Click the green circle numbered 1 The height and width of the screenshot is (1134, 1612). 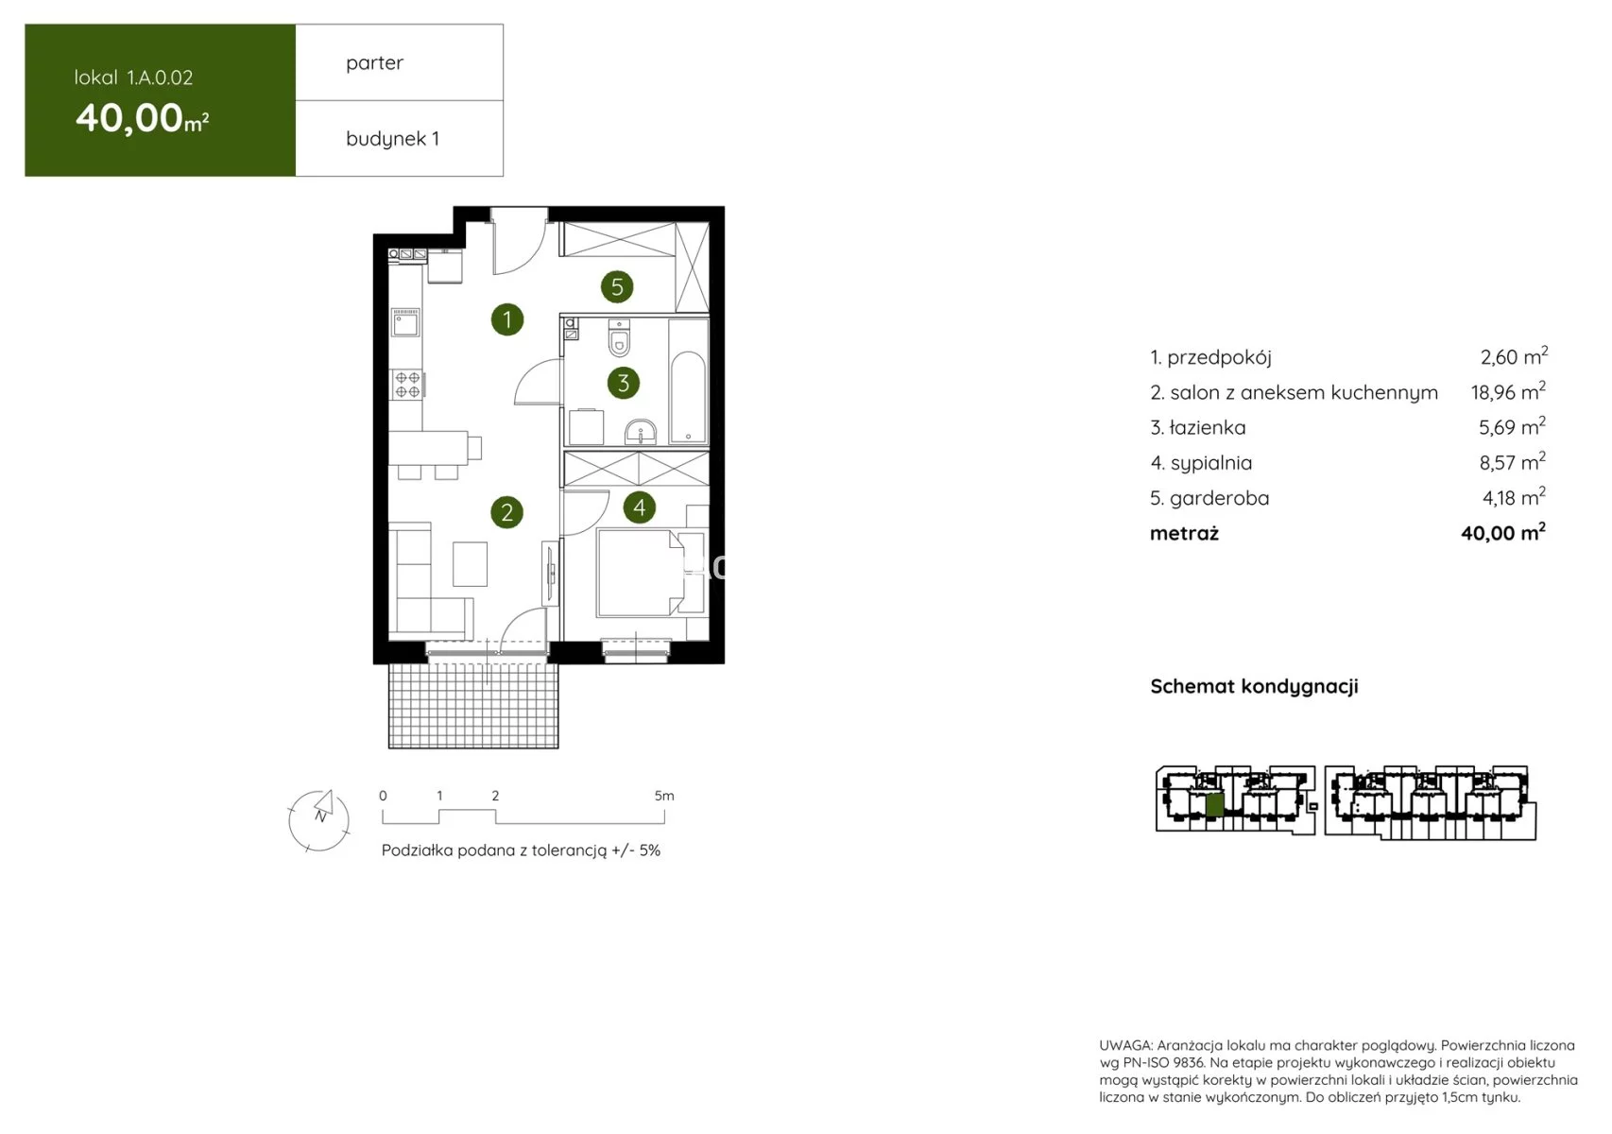507,318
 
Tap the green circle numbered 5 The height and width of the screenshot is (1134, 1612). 617,286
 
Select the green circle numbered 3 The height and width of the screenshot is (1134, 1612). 624,383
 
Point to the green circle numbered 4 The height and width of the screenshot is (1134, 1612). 639,507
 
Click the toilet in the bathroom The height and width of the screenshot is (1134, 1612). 619,338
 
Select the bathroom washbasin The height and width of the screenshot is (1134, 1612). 640,433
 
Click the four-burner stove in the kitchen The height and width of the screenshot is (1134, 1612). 407,385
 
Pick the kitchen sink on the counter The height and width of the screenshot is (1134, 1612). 405,322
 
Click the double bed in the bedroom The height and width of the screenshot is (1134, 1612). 640,573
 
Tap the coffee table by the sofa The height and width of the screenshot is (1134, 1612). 470,563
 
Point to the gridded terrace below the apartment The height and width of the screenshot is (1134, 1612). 473,706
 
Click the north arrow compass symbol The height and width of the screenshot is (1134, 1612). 318,820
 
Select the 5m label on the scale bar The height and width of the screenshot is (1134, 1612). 664,796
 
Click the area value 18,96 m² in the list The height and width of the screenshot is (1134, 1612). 1508,391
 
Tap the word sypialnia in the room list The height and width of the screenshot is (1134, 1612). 1211,463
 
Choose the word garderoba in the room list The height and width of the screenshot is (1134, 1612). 1219,498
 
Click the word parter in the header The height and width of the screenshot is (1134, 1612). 374,63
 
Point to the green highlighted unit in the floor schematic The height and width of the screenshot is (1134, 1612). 1214,804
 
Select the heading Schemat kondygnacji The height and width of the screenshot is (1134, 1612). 1254,686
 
